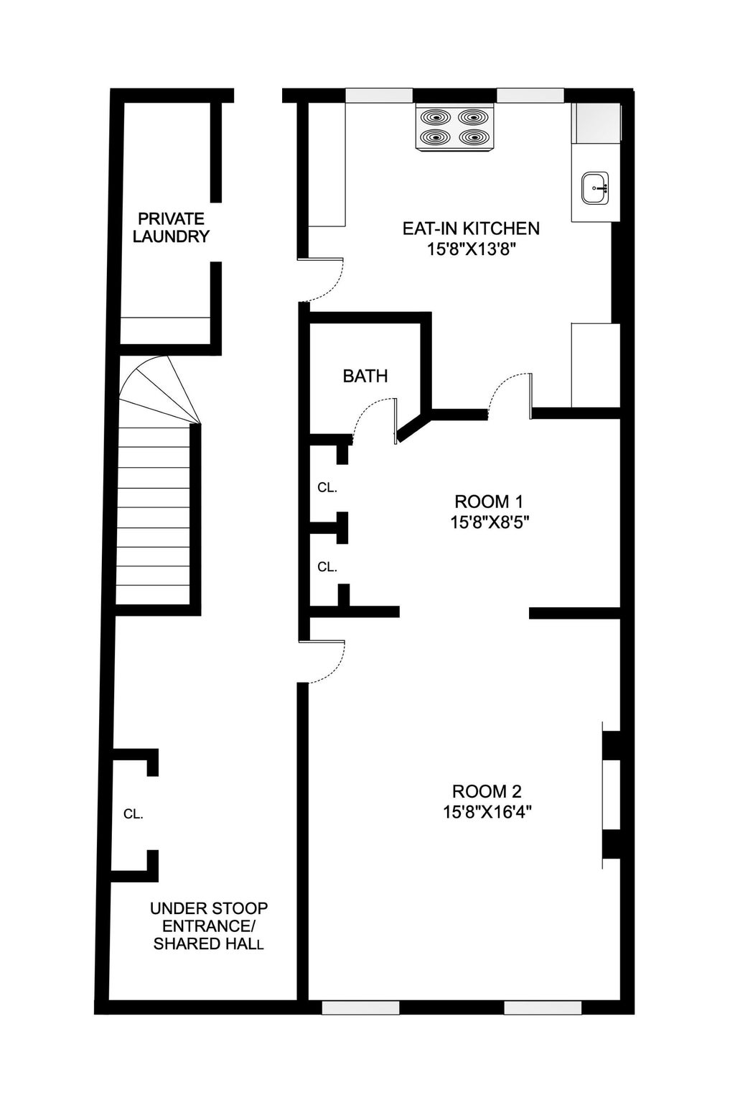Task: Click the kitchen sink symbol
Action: coord(595,188)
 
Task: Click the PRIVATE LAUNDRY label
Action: coord(171,227)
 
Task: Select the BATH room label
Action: coord(365,376)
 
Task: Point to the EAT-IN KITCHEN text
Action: coord(470,229)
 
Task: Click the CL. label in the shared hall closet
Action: coord(134,814)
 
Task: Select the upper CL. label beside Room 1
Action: coord(327,487)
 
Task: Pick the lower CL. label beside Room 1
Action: coord(327,567)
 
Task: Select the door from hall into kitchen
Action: coord(323,279)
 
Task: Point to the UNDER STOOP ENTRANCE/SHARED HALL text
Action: coord(208,926)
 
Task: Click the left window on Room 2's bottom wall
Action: coord(360,1007)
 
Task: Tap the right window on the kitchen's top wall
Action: coord(530,95)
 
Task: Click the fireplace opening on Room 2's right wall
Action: coord(611,794)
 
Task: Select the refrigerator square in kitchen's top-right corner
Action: coord(597,122)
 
